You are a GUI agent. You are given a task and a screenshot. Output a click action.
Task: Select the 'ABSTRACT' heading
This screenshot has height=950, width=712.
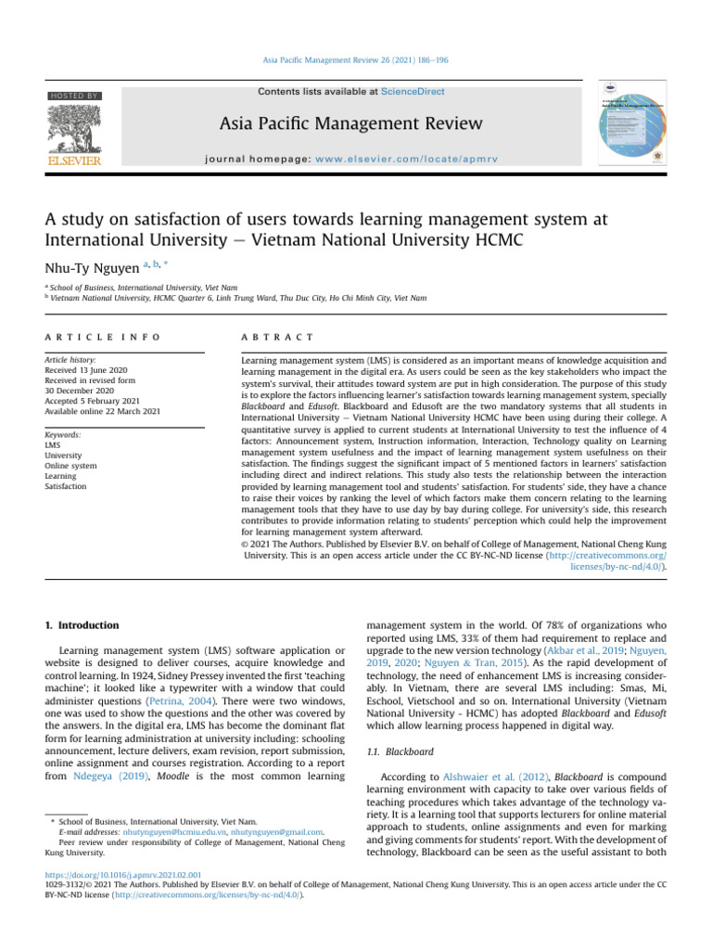pos(276,335)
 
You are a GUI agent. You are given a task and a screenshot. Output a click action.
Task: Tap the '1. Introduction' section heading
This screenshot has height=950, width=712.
pos(83,625)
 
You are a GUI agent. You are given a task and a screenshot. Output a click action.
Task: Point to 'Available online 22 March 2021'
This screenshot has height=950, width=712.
pos(108,412)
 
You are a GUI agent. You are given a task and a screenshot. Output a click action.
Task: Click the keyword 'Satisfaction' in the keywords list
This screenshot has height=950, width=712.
pos(67,486)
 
